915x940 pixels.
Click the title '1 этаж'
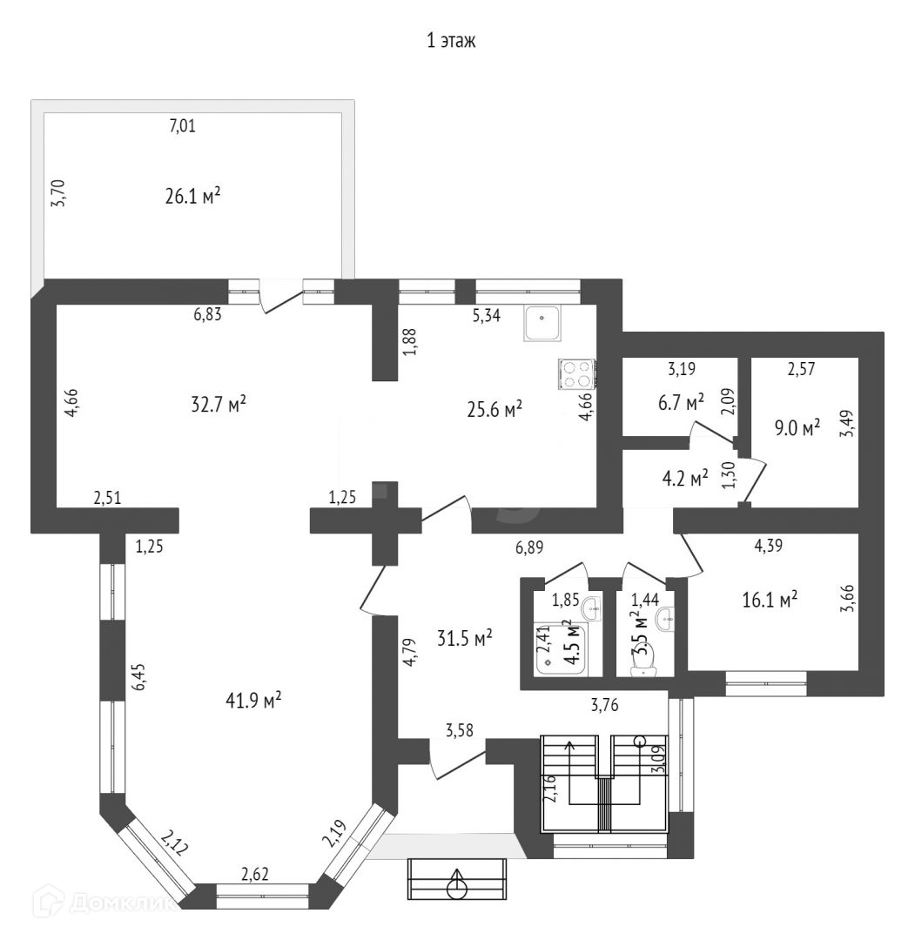tap(451, 41)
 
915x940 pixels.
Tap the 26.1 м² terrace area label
tap(192, 196)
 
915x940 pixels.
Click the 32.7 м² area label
tap(218, 404)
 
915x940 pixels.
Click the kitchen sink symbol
tap(544, 323)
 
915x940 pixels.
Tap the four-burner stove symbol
tap(576, 373)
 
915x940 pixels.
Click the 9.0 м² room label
tap(797, 428)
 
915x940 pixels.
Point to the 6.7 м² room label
tap(679, 403)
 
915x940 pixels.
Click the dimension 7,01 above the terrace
tap(182, 126)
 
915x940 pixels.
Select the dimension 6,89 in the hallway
tap(529, 547)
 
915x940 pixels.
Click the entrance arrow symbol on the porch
tap(456, 885)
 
